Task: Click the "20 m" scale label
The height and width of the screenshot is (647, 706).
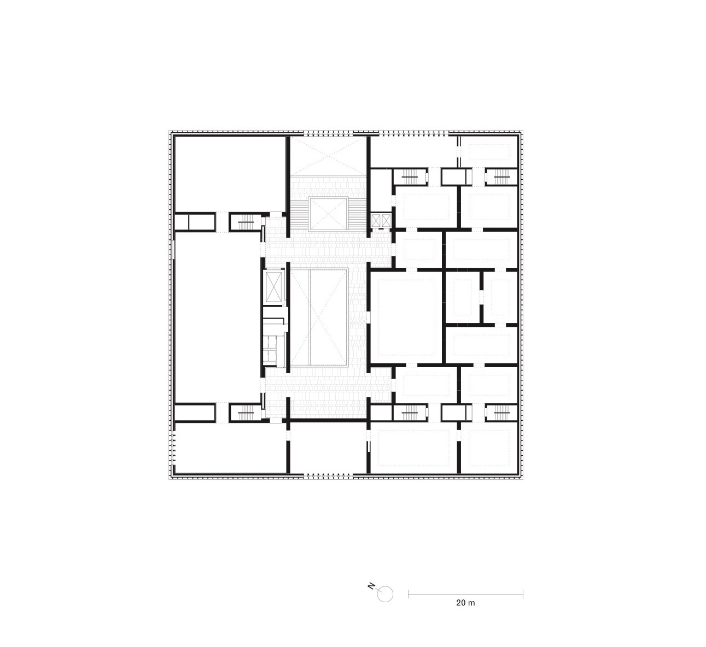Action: pyautogui.click(x=465, y=603)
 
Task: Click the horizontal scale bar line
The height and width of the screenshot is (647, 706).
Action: pyautogui.click(x=465, y=594)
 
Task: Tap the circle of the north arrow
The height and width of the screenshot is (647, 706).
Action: pyautogui.click(x=385, y=594)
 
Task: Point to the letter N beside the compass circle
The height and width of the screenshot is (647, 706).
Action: pyautogui.click(x=371, y=586)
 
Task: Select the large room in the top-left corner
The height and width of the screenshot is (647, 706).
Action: pyautogui.click(x=230, y=174)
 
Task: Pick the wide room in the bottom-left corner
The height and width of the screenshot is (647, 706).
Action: pyautogui.click(x=230, y=448)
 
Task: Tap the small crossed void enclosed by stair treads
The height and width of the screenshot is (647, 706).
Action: pyautogui.click(x=328, y=214)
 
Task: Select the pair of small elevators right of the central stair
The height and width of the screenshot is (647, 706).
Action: pyautogui.click(x=381, y=221)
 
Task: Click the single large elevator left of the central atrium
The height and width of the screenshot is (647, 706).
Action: pyautogui.click(x=274, y=287)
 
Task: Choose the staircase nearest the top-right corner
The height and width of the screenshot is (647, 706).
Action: pyautogui.click(x=502, y=177)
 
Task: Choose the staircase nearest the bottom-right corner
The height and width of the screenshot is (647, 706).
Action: pyautogui.click(x=502, y=413)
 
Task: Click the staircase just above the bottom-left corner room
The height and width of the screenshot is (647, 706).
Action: pyautogui.click(x=246, y=413)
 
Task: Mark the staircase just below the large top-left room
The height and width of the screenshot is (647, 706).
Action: pyautogui.click(x=246, y=222)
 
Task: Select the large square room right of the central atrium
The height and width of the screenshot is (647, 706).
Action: pyautogui.click(x=406, y=317)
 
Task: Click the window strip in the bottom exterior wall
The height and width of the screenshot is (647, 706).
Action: pyautogui.click(x=328, y=475)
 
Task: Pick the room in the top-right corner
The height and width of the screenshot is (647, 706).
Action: pyautogui.click(x=489, y=151)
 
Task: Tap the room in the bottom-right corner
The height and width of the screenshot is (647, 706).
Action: pyautogui.click(x=489, y=448)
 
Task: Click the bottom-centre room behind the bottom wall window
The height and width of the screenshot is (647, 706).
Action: pyautogui.click(x=328, y=448)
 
